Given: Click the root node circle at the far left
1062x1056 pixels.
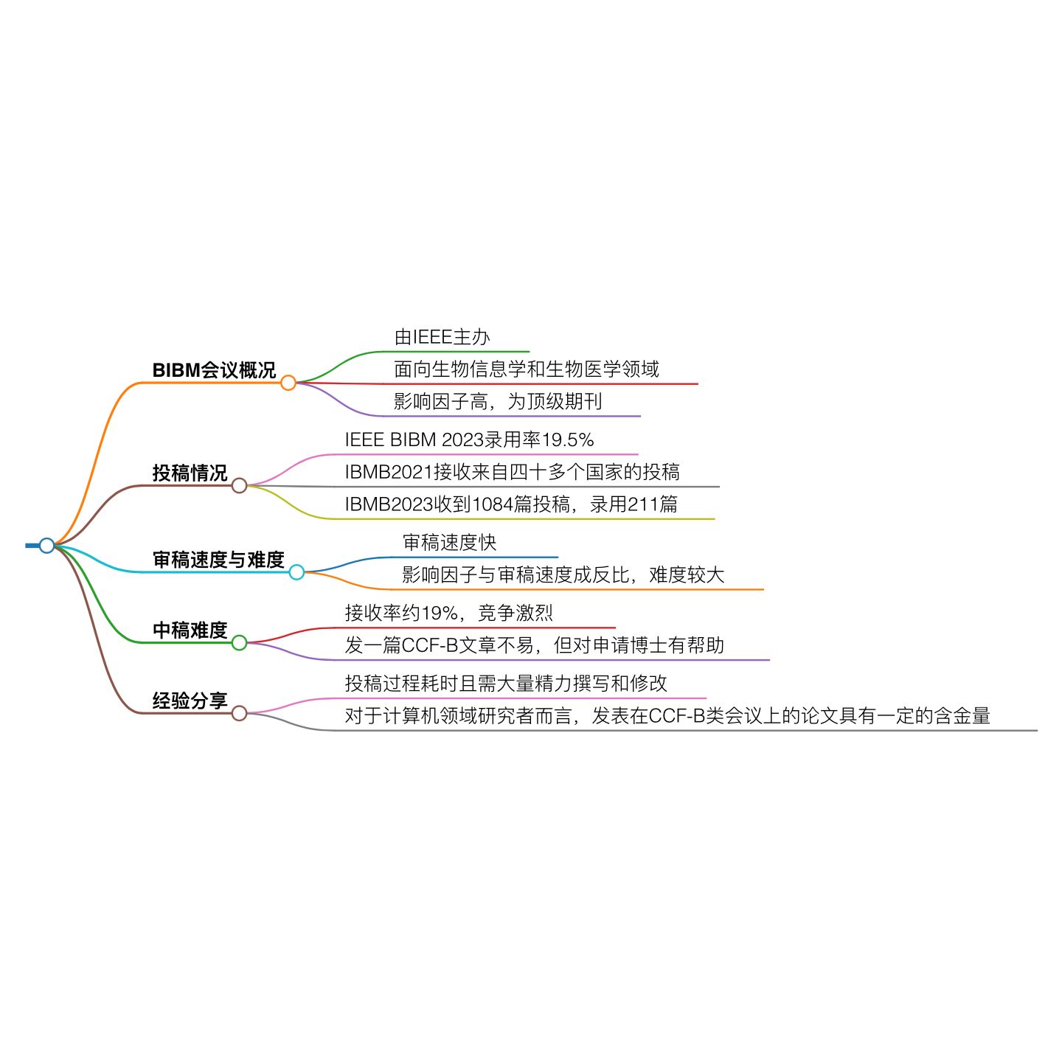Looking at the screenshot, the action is (47, 546).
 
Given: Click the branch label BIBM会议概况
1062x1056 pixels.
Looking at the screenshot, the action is (214, 370).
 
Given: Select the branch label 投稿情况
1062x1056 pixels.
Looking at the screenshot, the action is (190, 473).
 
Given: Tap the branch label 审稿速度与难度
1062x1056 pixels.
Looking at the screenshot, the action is (218, 560).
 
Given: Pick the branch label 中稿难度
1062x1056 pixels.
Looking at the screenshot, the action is (190, 631).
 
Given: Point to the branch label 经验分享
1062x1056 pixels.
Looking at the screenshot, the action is (190, 701).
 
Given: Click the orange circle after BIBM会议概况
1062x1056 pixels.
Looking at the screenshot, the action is (288, 383).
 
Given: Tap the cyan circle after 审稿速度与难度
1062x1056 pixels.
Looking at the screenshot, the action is (296, 572).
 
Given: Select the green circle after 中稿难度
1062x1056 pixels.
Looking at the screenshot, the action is (239, 643).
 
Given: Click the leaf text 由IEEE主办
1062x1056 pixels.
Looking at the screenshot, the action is (442, 338).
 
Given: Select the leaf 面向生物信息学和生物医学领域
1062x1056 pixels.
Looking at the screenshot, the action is (527, 369).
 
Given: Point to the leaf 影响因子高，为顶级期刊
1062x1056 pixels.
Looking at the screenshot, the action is (498, 402).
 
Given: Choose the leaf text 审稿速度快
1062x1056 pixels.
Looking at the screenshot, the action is (449, 543).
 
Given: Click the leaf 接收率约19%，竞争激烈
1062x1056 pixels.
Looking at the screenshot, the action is (448, 613).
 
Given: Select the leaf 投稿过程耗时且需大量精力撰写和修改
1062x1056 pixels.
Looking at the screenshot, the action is (506, 684).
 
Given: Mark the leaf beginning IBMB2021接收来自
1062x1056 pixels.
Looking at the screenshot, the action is (512, 472).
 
